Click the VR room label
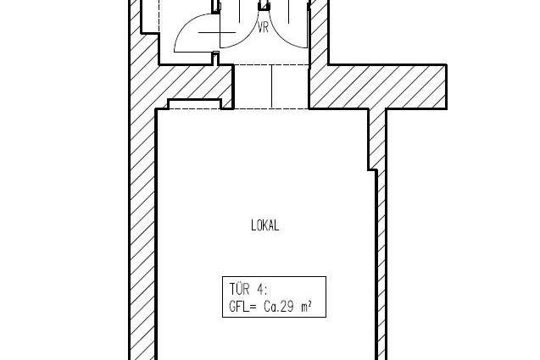(263, 28)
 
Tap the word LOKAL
(265, 225)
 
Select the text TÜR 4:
(248, 289)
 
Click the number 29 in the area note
(287, 306)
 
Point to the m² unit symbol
(307, 306)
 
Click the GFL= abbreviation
(242, 306)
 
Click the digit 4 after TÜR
(260, 289)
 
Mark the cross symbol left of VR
(218, 33)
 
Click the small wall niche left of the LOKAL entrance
(194, 104)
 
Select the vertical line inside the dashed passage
(272, 86)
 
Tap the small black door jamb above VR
(264, 6)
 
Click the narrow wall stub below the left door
(215, 58)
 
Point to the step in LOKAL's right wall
(373, 169)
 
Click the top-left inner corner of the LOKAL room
(158, 110)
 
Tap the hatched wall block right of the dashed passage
(378, 86)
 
